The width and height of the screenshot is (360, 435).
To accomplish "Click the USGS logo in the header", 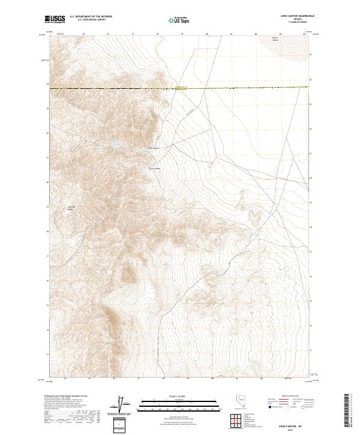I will point(55,19).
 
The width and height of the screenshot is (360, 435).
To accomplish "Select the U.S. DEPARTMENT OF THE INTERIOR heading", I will point(91,17).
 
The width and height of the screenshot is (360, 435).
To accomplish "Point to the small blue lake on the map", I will point(113,143).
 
